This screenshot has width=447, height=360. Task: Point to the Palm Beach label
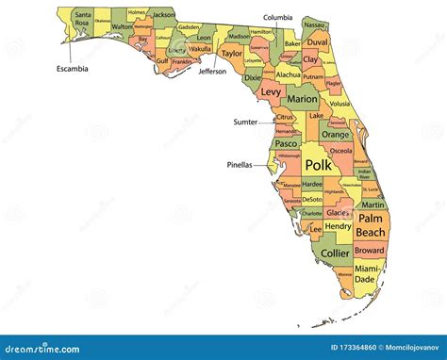point(371,225)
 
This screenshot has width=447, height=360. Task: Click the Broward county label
point(370,251)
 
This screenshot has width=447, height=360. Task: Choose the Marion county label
point(302,98)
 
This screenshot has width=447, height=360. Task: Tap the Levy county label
point(271,92)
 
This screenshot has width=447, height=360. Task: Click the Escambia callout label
point(72,68)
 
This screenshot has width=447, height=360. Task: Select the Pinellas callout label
point(240,164)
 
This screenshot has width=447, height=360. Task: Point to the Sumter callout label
point(245,122)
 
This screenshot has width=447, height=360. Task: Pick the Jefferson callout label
point(212,71)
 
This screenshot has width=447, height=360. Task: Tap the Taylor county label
point(231,54)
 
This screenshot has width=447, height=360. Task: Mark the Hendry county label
point(337,226)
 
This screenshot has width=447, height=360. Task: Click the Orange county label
point(335,134)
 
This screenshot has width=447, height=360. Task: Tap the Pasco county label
point(287,143)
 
